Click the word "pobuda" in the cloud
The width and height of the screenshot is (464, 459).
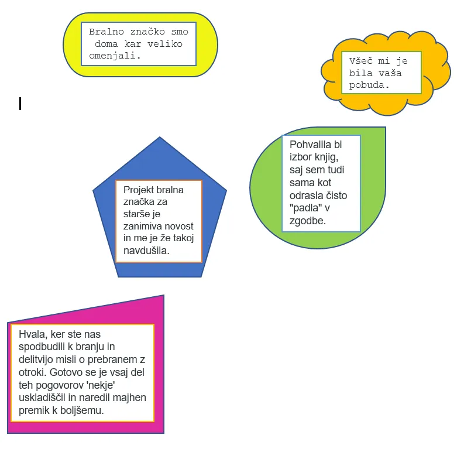367,85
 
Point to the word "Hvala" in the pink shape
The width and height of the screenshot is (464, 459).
32,335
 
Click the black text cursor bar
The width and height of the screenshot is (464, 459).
20,104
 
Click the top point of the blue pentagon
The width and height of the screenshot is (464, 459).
160,137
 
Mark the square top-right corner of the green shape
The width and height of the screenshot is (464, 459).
386,127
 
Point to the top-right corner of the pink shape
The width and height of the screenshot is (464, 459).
164,295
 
